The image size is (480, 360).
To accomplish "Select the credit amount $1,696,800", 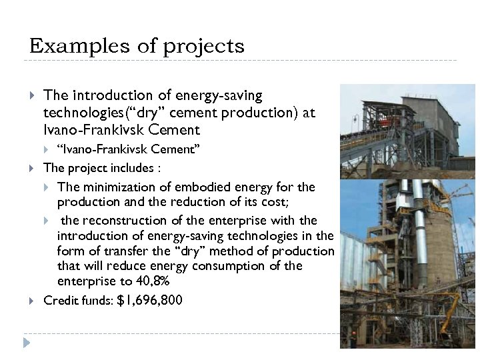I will click(x=149, y=300).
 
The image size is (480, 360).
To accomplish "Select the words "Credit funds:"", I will click(x=77, y=300).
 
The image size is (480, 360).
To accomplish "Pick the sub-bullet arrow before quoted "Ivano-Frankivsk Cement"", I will click(x=47, y=147).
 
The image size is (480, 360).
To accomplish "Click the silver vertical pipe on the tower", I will click(x=418, y=207).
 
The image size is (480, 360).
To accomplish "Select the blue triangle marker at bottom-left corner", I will click(x=26, y=343).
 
